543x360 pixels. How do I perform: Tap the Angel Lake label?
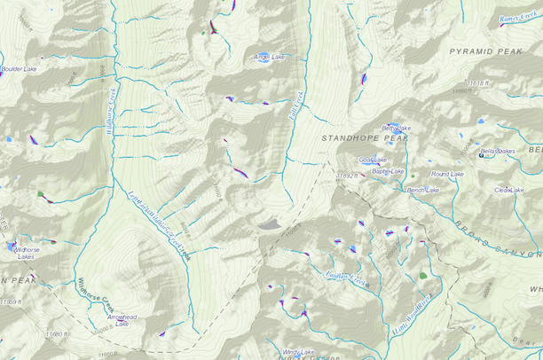pos(270,58)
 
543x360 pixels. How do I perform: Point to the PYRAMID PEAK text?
pos(485,52)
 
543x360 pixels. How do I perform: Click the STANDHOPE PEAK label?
pos(364,138)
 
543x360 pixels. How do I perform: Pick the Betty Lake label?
pos(397,129)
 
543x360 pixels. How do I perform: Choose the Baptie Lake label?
pos(388,171)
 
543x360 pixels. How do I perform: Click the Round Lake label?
pos(447,175)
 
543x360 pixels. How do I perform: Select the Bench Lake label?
pos(423,190)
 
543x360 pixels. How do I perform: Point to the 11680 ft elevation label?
pos(56,334)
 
